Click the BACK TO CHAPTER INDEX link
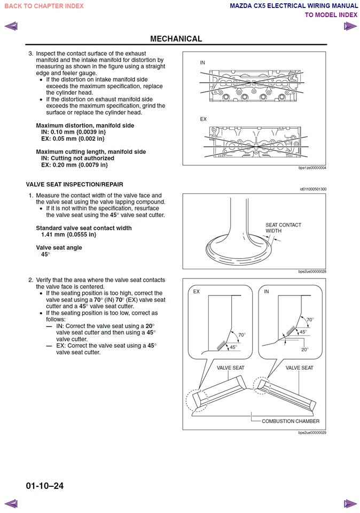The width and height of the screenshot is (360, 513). click(x=44, y=6)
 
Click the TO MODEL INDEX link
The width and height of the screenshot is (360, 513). click(x=331, y=15)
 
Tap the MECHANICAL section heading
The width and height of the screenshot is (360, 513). click(x=176, y=38)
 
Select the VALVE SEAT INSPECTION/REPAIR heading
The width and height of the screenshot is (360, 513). click(x=74, y=184)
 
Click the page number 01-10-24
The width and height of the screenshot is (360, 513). click(x=44, y=486)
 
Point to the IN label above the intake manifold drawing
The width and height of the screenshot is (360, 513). click(x=202, y=63)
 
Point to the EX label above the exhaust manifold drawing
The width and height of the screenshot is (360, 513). click(x=203, y=119)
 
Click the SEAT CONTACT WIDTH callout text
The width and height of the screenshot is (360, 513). click(x=283, y=228)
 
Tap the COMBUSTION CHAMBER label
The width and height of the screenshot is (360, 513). click(x=291, y=421)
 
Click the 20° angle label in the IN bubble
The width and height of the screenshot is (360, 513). click(x=304, y=349)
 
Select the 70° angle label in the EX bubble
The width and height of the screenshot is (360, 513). click(x=242, y=335)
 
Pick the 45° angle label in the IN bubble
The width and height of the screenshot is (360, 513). click(x=303, y=332)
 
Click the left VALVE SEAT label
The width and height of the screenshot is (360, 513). click(x=230, y=368)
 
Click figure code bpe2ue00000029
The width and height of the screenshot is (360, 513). click(x=312, y=433)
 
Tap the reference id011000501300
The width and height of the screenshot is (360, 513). click(x=312, y=189)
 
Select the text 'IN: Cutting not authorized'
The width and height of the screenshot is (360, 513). click(x=77, y=158)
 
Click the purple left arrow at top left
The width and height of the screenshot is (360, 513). click(x=11, y=26)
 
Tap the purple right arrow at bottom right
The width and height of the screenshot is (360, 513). click(x=350, y=503)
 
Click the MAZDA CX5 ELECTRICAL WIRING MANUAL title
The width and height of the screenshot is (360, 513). click(x=293, y=6)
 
